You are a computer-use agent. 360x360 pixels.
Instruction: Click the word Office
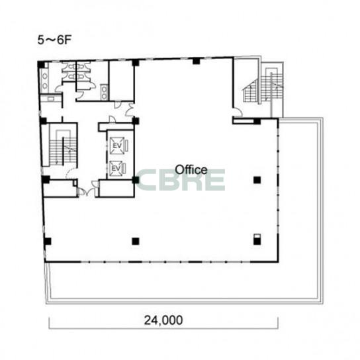pyautogui.click(x=191, y=170)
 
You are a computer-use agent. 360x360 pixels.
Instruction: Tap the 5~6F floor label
pyautogui.click(x=54, y=40)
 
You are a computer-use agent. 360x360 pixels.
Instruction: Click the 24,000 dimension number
pyautogui.click(x=163, y=320)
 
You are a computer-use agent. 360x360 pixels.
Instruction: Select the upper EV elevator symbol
pyautogui.click(x=117, y=146)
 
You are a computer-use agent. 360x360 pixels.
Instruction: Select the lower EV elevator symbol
pyautogui.click(x=116, y=169)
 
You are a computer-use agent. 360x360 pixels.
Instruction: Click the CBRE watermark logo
pyautogui.click(x=180, y=180)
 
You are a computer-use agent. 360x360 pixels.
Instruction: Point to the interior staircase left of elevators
pyautogui.click(x=63, y=148)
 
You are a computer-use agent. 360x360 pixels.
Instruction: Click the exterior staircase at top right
pyautogui.click(x=263, y=85)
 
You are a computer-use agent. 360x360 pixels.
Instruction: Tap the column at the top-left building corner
pyautogui.click(x=41, y=64)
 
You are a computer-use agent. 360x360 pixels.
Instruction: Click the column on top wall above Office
pyautogui.click(x=196, y=61)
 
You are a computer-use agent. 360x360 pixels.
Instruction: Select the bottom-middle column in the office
pyautogui.click(x=136, y=241)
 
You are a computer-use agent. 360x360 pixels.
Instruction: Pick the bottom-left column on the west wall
pyautogui.click(x=48, y=241)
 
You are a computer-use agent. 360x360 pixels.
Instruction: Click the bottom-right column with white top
pyautogui.click(x=257, y=240)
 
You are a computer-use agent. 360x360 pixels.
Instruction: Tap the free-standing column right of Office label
pyautogui.click(x=257, y=180)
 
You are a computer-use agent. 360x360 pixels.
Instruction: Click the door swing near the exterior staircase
pyautogui.click(x=238, y=112)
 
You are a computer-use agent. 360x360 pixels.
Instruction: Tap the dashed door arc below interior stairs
pyautogui.click(x=69, y=174)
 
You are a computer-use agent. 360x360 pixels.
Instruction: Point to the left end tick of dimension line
pyautogui.click(x=49, y=323)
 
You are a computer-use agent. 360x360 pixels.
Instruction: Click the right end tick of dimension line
pyautogui.click(x=278, y=323)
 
